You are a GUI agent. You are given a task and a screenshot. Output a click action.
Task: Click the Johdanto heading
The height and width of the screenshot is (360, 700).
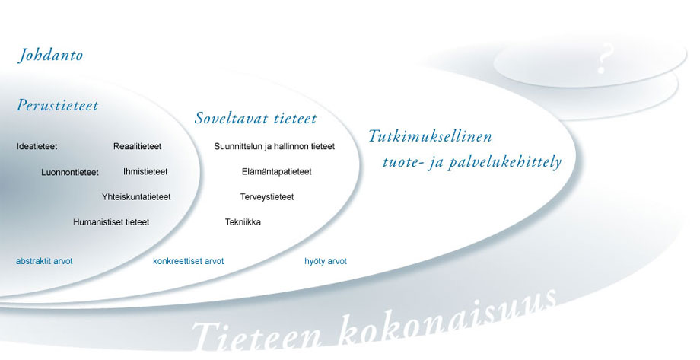tap(50, 56)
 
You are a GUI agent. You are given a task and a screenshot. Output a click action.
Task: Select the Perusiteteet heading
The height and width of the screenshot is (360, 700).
tap(57, 106)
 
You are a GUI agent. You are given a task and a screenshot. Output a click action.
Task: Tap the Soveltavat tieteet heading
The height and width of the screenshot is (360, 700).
tap(256, 119)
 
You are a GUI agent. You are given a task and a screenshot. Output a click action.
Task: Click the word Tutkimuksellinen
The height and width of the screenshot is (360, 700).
tap(430, 137)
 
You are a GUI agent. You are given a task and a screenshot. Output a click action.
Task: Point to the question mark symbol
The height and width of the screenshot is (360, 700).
tap(606, 59)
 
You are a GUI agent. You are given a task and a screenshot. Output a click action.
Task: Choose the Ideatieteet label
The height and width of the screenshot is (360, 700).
tap(37, 146)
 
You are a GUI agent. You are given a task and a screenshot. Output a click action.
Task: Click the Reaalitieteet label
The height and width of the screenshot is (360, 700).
tap(137, 146)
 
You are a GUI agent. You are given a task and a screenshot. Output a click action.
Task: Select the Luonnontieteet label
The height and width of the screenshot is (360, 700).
tap(70, 172)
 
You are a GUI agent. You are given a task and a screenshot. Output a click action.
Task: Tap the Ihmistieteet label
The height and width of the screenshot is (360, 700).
tap(145, 171)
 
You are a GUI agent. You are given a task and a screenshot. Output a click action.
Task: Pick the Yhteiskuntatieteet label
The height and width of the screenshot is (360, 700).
tap(136, 196)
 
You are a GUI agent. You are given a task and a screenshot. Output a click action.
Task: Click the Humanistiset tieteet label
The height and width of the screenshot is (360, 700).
tap(111, 222)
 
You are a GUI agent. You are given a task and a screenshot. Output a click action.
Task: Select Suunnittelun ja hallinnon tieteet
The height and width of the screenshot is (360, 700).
tap(274, 146)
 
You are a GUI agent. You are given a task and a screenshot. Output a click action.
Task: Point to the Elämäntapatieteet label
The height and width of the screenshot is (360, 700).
tap(276, 171)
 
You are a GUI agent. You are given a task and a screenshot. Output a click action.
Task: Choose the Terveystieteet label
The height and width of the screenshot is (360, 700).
tap(266, 196)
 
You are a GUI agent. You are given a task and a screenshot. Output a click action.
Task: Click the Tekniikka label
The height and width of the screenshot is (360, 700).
tap(243, 222)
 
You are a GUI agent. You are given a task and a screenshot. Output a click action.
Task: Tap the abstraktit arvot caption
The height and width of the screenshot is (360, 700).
tap(44, 261)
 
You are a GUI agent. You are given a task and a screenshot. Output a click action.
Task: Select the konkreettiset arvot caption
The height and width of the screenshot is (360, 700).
tap(188, 261)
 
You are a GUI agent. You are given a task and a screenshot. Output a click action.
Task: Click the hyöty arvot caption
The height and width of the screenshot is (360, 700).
tap(326, 261)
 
